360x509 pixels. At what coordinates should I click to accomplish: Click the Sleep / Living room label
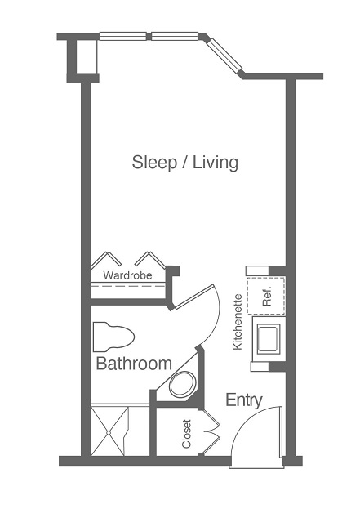click(184, 163)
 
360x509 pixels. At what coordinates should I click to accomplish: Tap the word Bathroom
click(134, 364)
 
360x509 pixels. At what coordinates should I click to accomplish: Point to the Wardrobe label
click(127, 275)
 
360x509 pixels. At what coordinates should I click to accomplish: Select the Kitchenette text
click(238, 322)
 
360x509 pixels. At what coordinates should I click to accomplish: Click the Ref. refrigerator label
click(267, 297)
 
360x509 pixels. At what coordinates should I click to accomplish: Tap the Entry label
click(244, 400)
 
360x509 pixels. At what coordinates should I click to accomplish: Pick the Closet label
click(186, 434)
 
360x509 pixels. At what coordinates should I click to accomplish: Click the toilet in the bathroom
click(113, 337)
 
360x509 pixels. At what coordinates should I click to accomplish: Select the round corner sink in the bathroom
click(183, 385)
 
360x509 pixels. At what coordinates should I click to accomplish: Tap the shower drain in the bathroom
click(109, 432)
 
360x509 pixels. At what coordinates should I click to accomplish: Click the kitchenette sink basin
click(268, 339)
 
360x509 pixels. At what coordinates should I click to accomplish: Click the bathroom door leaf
click(194, 297)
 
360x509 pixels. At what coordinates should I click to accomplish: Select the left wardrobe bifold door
click(106, 259)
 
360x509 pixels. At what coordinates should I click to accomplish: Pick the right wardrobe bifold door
click(150, 259)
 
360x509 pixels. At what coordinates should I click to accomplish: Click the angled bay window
click(224, 55)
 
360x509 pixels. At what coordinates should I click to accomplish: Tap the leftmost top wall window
click(123, 36)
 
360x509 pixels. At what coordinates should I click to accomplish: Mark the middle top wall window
click(175, 36)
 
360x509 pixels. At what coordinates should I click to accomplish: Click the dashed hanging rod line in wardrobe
click(128, 286)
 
